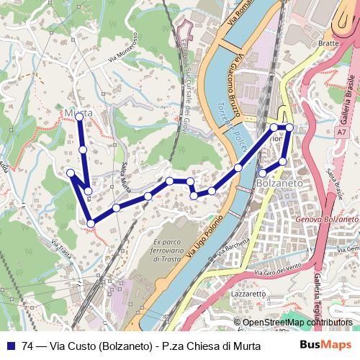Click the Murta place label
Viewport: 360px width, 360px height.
[x=78, y=113]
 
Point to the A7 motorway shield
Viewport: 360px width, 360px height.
[x=341, y=132]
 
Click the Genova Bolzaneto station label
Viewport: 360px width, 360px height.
[x=328, y=218]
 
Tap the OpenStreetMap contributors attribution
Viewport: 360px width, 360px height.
[x=297, y=323]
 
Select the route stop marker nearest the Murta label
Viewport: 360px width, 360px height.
[x=79, y=116]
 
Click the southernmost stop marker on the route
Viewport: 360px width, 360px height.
[x=91, y=224]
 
